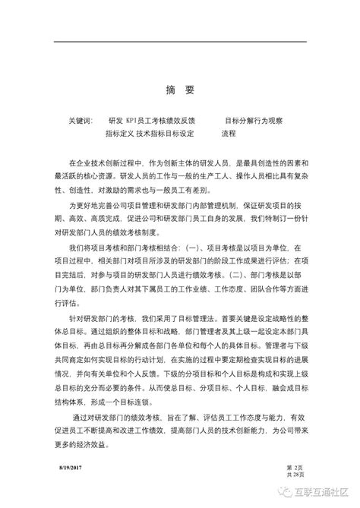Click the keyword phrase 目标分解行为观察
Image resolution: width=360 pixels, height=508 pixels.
pyautogui.click(x=254, y=120)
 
